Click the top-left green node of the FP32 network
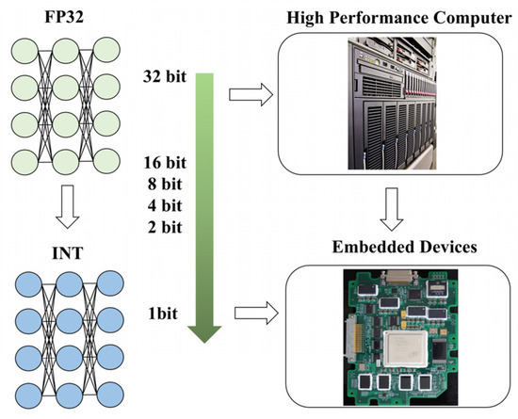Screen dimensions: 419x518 (x=25, y=50)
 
